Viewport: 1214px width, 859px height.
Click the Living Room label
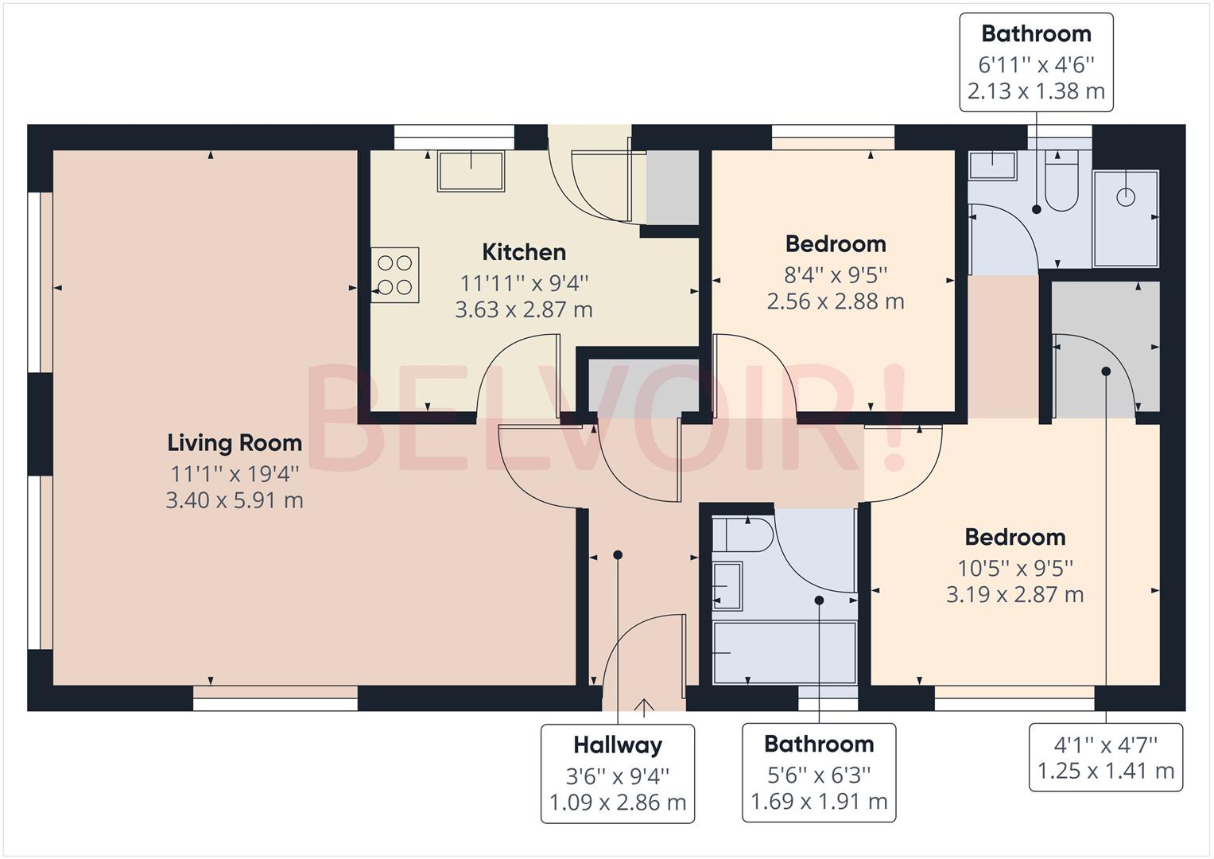tap(235, 443)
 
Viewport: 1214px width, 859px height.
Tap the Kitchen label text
tap(524, 252)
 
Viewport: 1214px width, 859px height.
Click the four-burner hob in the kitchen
tap(395, 274)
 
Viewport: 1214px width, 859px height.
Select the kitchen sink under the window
tap(471, 171)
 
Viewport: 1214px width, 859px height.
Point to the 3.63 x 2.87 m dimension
tap(524, 309)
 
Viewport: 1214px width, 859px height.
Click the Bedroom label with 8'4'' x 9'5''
tap(835, 243)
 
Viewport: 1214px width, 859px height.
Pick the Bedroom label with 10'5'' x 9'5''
tap(1014, 537)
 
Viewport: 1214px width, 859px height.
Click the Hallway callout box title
tap(618, 745)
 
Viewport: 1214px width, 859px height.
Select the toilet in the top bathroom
tap(1061, 185)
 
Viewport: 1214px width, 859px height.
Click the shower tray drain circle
tap(1125, 196)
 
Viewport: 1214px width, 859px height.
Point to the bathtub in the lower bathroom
tap(784, 652)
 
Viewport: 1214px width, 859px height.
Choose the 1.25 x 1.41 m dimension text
tap(1105, 771)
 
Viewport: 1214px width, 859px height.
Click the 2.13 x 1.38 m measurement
tap(1036, 91)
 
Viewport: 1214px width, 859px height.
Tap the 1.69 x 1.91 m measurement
tap(819, 802)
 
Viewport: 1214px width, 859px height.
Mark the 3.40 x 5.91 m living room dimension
tap(235, 500)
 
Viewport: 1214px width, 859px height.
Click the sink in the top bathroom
tap(992, 165)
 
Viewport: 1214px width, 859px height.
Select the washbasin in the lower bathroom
tap(727, 586)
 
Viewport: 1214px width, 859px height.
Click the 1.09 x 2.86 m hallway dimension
tap(618, 803)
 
